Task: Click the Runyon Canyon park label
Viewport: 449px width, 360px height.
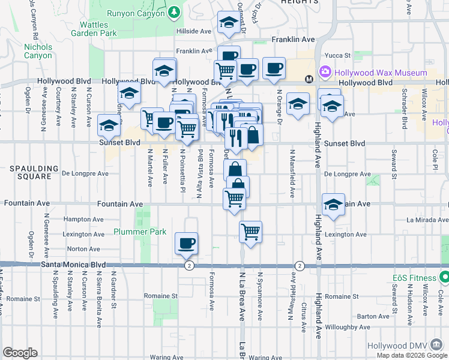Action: pos(136,13)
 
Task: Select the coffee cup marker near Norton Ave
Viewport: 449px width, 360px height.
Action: pos(186,243)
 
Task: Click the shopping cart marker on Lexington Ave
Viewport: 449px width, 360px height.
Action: pos(250,230)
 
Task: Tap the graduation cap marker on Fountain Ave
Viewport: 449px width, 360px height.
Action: pos(333,204)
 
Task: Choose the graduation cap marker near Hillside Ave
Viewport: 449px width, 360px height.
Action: pos(228,22)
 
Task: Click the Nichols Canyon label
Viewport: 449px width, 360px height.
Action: pos(38,51)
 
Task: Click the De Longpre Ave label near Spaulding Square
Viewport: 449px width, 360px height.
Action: pos(85,174)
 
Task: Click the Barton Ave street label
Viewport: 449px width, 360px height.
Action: pos(369,316)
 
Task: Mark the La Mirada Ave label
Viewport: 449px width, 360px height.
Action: pos(427,220)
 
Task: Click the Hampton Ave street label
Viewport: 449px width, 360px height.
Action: pos(80,220)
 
